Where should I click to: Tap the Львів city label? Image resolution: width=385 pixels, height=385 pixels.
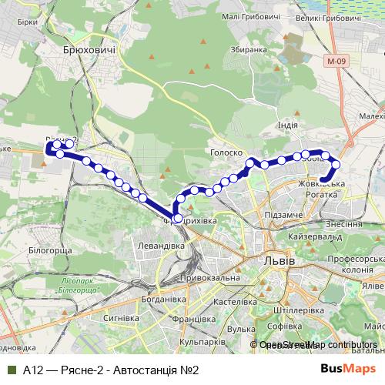coord(279,261)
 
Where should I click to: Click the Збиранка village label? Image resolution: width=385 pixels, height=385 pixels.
coord(248,49)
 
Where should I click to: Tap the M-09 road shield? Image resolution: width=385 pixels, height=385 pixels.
coord(335,60)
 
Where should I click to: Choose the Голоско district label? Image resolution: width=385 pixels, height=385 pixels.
coord(226,153)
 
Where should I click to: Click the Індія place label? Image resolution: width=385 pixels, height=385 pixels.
coord(287,125)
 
